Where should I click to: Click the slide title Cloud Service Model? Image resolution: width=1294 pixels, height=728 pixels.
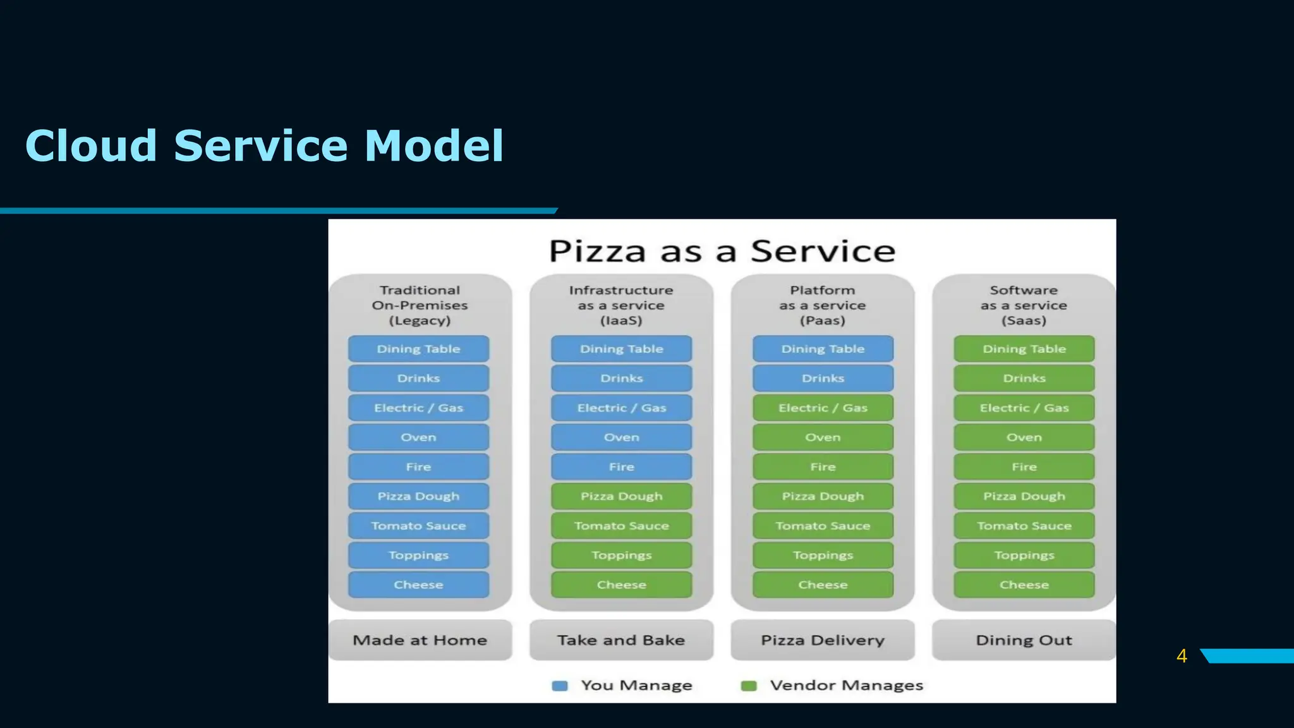[264, 146]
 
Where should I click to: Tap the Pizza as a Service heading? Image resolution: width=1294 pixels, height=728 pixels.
[722, 251]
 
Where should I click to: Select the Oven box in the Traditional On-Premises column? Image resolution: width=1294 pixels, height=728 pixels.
[418, 437]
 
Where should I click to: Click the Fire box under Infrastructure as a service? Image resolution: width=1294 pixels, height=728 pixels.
[621, 467]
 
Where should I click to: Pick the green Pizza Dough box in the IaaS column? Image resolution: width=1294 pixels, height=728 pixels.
[621, 496]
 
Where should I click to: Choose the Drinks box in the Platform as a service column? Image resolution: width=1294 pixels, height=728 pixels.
[823, 379]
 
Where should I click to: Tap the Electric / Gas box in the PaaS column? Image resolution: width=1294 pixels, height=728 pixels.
[823, 408]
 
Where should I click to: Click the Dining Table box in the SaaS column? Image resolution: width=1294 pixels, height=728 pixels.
[1024, 349]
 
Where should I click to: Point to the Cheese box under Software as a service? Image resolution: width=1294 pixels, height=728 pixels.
[1024, 585]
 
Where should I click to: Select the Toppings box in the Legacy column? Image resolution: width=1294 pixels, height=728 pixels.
[418, 555]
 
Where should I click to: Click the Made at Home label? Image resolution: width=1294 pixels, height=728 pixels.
[420, 640]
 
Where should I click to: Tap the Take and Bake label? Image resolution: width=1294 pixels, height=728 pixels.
[621, 640]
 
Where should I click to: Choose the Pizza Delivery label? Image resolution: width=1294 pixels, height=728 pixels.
[823, 640]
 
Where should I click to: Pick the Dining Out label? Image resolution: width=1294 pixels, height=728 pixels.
[1024, 640]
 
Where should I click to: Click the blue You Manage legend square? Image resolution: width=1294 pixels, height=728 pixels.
[559, 686]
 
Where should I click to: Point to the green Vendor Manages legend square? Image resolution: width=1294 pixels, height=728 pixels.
[749, 686]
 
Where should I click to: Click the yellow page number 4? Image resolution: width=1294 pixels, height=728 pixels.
[1182, 656]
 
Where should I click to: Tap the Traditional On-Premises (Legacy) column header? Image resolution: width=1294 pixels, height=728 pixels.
[420, 305]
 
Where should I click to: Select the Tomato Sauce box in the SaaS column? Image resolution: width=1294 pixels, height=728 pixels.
[1024, 526]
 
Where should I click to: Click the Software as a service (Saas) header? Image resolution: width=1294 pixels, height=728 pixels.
[1024, 305]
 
